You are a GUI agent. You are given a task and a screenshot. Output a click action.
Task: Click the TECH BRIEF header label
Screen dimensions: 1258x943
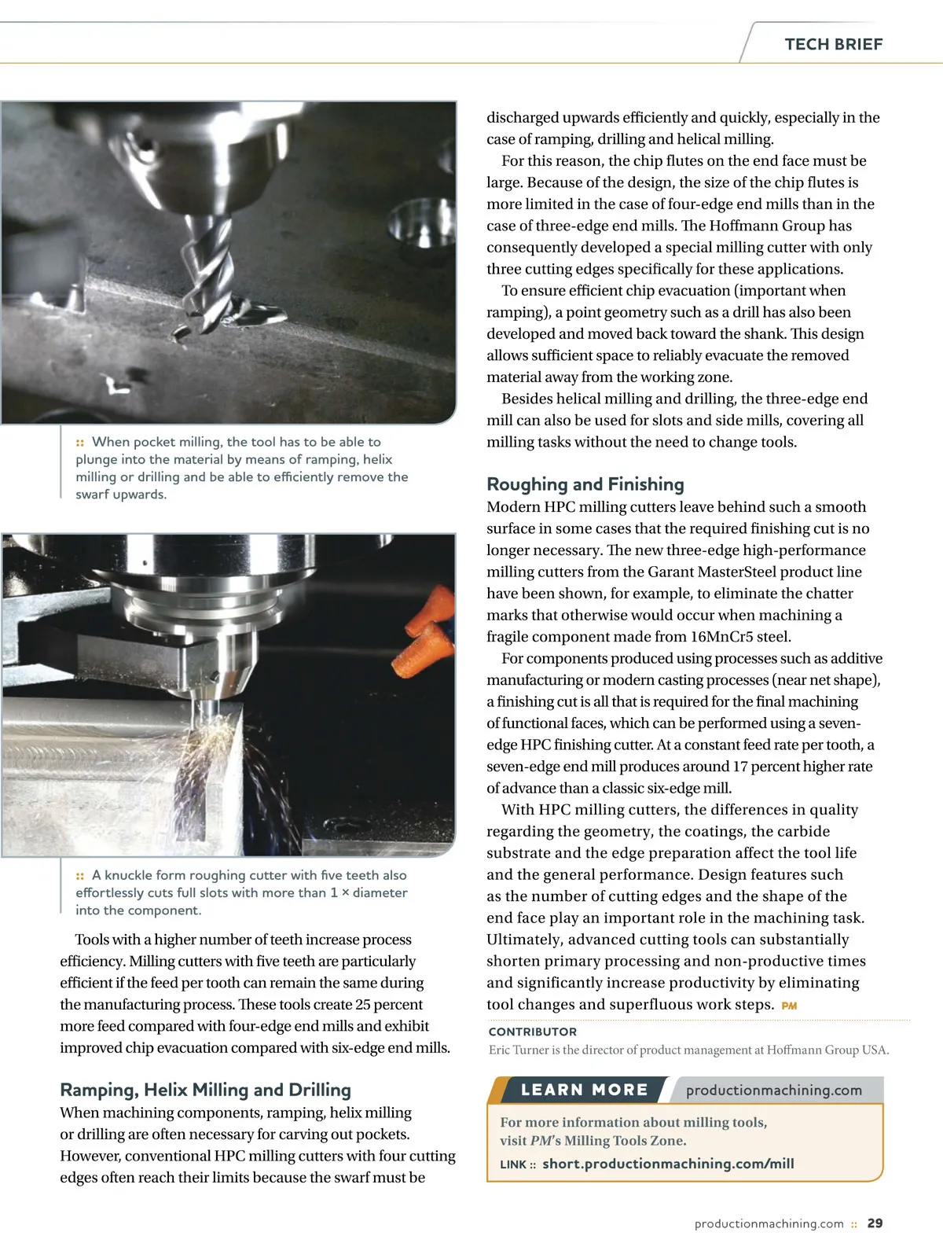point(833,44)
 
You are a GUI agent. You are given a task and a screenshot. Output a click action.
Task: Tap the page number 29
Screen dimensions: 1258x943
point(875,1223)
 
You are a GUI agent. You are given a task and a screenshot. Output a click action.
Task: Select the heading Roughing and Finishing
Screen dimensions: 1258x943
point(585,484)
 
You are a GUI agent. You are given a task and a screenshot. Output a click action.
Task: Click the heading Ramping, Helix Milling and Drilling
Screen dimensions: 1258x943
point(205,1089)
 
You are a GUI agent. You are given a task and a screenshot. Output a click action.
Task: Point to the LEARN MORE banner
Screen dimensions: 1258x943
point(584,1090)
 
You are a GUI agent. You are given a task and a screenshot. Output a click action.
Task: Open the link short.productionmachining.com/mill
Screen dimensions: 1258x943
point(668,1164)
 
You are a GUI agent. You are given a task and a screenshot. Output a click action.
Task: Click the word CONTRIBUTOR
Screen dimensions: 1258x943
point(532,1032)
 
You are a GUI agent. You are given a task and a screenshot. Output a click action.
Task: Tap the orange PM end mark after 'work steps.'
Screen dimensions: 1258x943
point(789,1006)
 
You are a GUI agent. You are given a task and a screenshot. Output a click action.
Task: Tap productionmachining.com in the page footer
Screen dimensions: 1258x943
point(769,1223)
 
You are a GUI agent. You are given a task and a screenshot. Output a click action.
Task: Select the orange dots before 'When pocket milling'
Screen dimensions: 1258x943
point(80,443)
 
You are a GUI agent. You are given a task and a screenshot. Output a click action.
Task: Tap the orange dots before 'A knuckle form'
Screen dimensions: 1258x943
point(80,876)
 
